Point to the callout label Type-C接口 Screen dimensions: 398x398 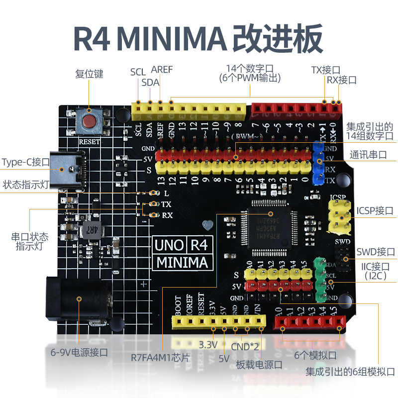(25, 162)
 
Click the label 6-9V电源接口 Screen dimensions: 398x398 (79, 352)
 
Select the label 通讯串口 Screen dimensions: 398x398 (368, 154)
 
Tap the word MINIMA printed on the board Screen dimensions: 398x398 (182, 262)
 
